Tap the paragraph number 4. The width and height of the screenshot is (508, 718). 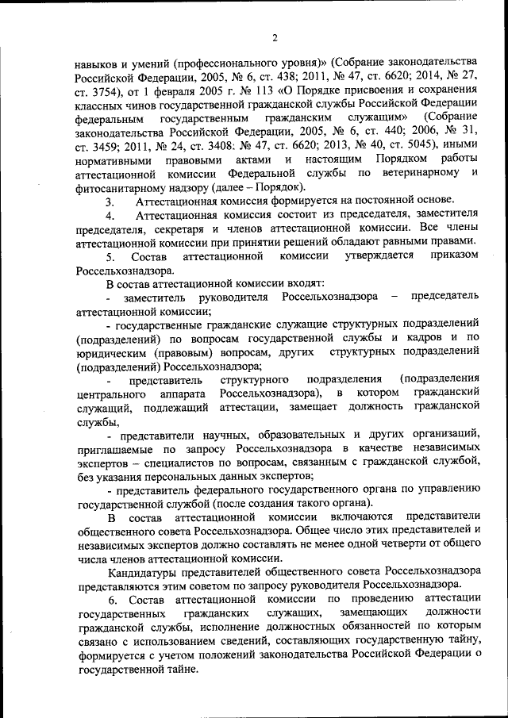110,214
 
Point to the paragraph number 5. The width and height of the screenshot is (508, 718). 110,256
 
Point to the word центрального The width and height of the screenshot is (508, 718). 112,394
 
